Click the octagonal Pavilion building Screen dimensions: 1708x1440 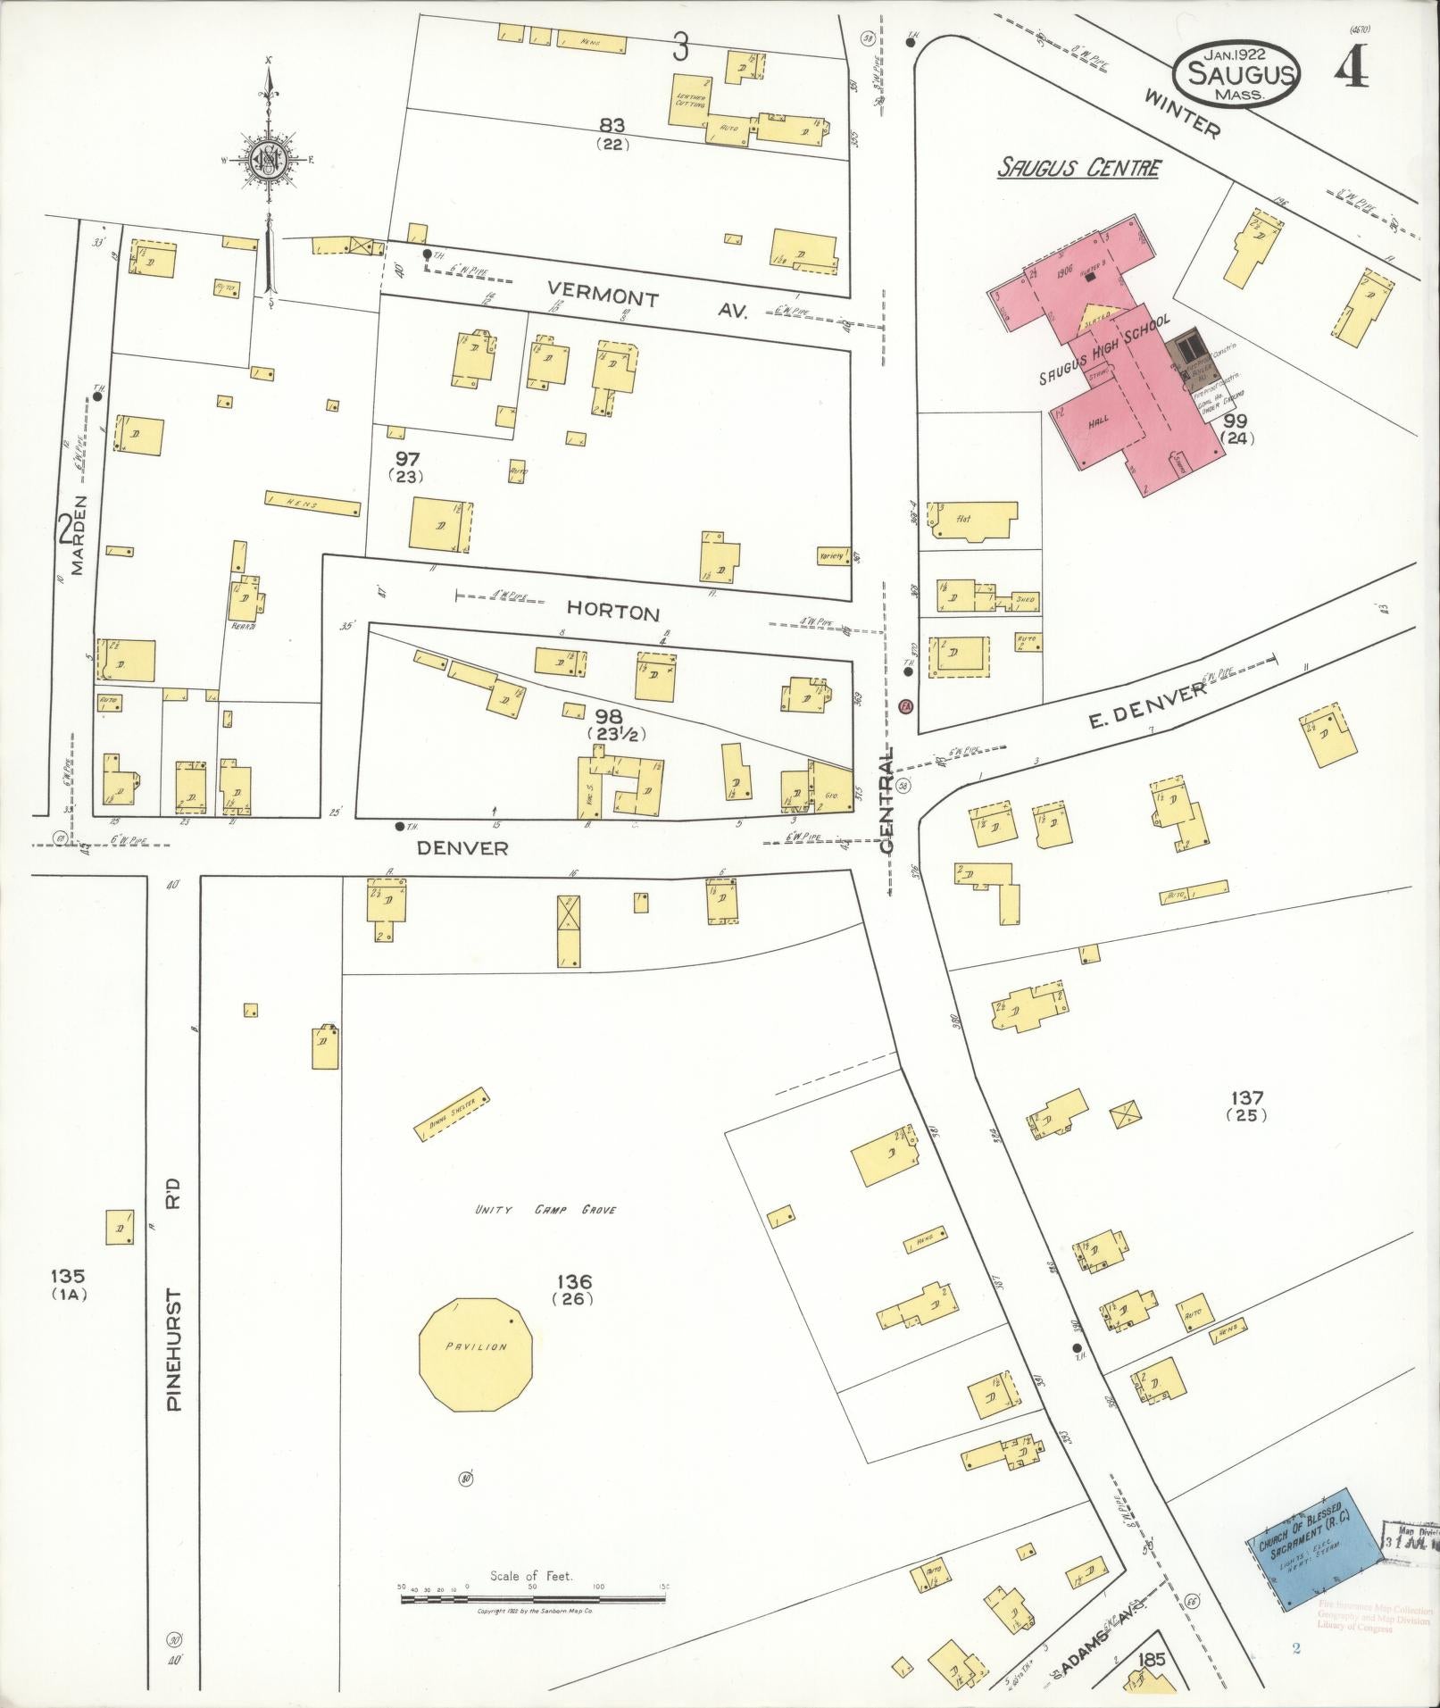coord(478,1354)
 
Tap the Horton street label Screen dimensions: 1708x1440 coord(613,612)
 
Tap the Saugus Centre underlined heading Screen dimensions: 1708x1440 coord(1079,167)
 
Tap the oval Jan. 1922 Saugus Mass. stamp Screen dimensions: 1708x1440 coord(1236,72)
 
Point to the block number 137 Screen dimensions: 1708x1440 coord(1246,1097)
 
